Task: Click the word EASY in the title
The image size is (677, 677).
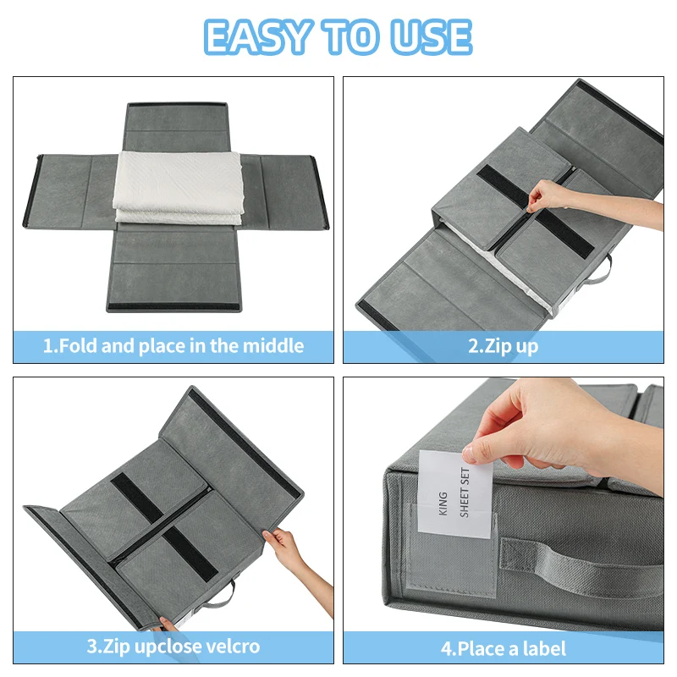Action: pyautogui.click(x=257, y=37)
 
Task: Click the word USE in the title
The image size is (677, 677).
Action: pyautogui.click(x=431, y=37)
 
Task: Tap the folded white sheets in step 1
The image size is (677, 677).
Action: pyautogui.click(x=178, y=187)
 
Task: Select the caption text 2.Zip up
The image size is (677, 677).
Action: pyautogui.click(x=504, y=346)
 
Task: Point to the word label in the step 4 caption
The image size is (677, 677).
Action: pyautogui.click(x=544, y=648)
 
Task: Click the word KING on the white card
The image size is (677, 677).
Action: pyautogui.click(x=443, y=504)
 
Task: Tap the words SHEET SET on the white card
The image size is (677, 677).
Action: pyautogui.click(x=465, y=493)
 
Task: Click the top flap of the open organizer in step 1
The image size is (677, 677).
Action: pyautogui.click(x=176, y=128)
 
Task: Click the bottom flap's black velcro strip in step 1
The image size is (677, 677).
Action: pyautogui.click(x=174, y=307)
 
